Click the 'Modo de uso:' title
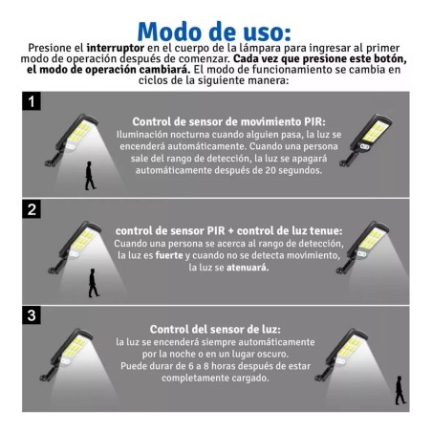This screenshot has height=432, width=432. click(214, 32)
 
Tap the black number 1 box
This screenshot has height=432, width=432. click(32, 101)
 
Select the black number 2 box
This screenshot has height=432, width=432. click(32, 209)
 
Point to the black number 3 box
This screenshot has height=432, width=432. click(32, 315)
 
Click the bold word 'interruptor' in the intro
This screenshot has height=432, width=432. click(116, 48)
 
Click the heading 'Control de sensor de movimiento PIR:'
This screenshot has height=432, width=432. click(229, 121)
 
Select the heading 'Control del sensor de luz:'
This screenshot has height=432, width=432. click(215, 329)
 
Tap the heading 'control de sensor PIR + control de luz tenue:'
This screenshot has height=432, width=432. click(229, 230)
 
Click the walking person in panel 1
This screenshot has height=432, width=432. click(90, 176)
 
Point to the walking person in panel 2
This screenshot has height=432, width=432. click(93, 283)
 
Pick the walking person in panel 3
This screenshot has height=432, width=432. click(400, 390)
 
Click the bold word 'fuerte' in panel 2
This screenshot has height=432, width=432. click(169, 255)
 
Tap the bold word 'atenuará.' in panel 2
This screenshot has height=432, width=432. click(248, 268)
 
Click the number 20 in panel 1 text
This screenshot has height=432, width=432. click(270, 170)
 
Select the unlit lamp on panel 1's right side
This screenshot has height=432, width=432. click(366, 140)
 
